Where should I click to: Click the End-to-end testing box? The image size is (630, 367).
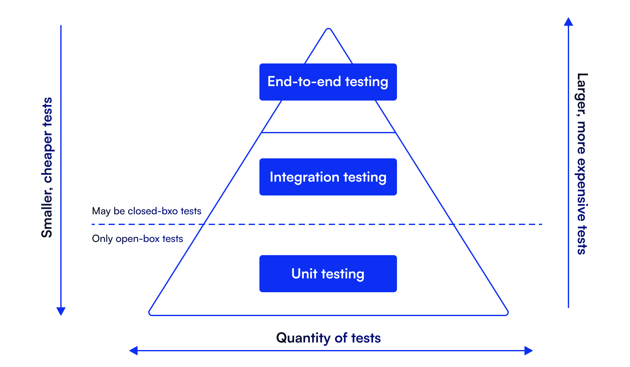point(328,82)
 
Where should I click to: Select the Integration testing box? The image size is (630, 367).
point(328,177)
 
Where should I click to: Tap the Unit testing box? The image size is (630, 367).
point(328,274)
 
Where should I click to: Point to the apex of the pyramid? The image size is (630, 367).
point(328,29)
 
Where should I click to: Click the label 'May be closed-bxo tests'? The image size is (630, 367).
point(146,211)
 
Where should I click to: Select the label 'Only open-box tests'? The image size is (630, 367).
point(137,239)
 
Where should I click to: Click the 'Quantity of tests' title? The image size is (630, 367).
point(328,338)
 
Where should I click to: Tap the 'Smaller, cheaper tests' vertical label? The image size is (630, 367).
point(47,167)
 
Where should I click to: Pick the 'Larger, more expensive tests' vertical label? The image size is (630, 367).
point(582,164)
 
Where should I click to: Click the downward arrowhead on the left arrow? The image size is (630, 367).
point(61,311)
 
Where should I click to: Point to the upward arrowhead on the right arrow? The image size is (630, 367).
point(568,22)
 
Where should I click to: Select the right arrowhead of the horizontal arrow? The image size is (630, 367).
point(529,351)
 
